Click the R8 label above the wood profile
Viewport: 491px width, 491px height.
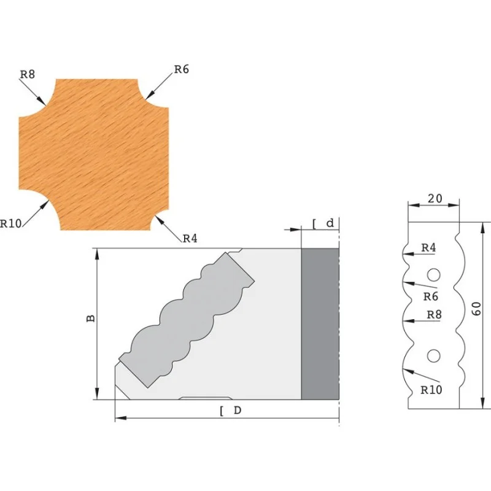[x=28, y=74]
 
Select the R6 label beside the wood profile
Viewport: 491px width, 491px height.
[x=182, y=69]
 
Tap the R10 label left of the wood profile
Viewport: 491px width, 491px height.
[x=10, y=223]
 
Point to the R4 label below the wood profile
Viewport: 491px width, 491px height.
[x=190, y=239]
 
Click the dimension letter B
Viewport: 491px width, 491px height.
[x=90, y=319]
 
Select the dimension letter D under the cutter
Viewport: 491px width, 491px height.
[x=238, y=410]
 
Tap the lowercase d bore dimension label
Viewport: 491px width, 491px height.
[x=330, y=223]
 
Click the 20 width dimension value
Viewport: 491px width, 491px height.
[x=435, y=198]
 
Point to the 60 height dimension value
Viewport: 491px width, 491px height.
[x=476, y=309]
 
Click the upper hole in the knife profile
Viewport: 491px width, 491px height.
[x=434, y=274]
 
